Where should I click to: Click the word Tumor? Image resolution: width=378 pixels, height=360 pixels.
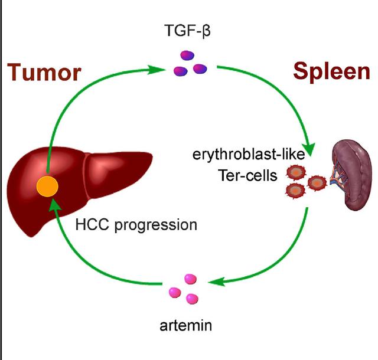[44, 73]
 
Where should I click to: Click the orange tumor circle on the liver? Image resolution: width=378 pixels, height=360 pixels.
[47, 187]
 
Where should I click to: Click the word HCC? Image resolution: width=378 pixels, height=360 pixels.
[90, 225]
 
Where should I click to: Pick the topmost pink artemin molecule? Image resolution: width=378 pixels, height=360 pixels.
[190, 277]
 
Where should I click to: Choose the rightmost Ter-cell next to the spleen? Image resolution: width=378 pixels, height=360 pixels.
[318, 181]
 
